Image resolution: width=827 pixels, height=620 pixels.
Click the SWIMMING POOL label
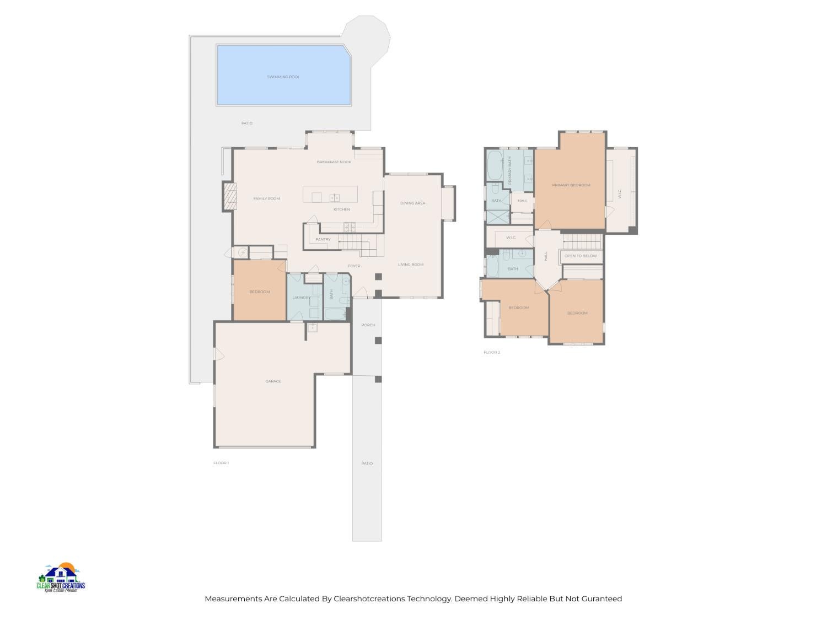click(x=283, y=77)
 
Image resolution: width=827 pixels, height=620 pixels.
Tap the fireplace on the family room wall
click(x=229, y=197)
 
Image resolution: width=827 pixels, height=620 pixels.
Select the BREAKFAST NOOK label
click(x=334, y=162)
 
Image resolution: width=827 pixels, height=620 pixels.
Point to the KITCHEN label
click(x=342, y=209)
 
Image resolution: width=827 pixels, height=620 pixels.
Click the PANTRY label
click(x=323, y=240)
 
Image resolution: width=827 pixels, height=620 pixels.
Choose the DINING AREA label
click(x=412, y=203)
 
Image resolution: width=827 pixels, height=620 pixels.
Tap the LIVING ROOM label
click(x=411, y=265)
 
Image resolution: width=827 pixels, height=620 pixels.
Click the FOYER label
click(x=354, y=266)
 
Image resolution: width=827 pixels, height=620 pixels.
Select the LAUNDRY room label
click(x=302, y=298)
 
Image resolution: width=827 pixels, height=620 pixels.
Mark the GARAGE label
click(x=273, y=381)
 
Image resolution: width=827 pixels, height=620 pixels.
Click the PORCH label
click(x=368, y=325)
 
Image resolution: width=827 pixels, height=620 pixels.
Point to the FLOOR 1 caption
click(x=221, y=463)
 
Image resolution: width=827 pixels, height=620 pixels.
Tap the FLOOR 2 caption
click(x=492, y=352)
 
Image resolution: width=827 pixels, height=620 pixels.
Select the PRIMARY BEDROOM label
click(x=571, y=185)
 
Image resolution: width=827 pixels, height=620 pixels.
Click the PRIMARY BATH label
click(x=510, y=170)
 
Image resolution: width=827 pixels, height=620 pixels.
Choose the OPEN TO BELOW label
click(x=581, y=256)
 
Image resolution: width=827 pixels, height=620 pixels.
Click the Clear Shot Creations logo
click(x=61, y=578)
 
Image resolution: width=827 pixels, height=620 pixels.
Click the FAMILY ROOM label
click(x=267, y=198)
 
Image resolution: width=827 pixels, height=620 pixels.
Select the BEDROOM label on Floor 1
click(x=260, y=292)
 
